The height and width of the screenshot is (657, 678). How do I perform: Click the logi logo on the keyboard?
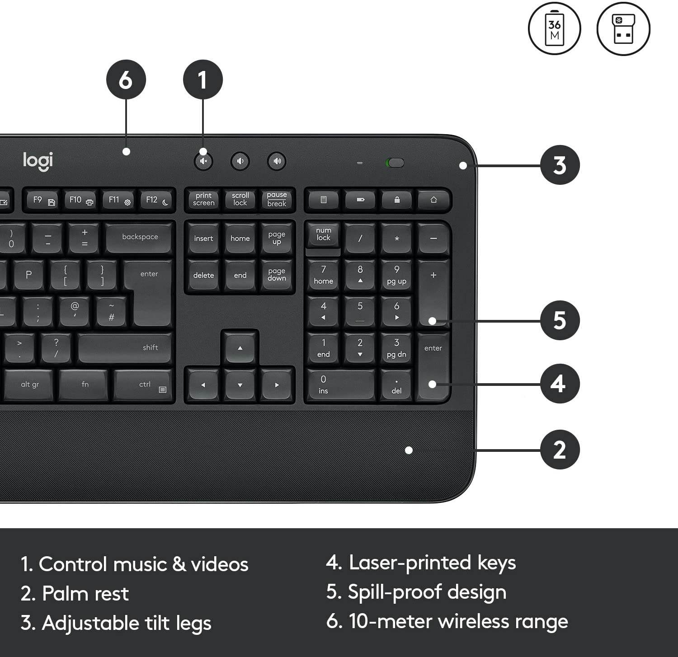point(38,161)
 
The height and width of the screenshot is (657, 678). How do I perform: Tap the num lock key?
point(323,235)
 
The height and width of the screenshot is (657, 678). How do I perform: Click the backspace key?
point(140,237)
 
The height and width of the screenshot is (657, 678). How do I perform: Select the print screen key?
point(203,199)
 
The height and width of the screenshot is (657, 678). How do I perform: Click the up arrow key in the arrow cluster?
point(240,347)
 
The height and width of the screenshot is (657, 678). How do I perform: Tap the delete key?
point(203,275)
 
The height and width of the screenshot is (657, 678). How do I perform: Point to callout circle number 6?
point(126,80)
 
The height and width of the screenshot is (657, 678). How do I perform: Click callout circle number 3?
point(560,165)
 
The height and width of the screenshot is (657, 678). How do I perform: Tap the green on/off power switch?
point(395,163)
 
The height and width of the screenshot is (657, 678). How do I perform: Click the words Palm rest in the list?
point(85,594)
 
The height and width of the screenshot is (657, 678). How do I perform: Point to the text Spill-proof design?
point(426,592)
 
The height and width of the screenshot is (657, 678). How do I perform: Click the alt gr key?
point(30,385)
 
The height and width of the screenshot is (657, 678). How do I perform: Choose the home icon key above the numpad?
point(433,200)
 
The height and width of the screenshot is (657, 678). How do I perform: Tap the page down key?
point(277,275)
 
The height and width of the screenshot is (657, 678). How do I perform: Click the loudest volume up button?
point(277,161)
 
